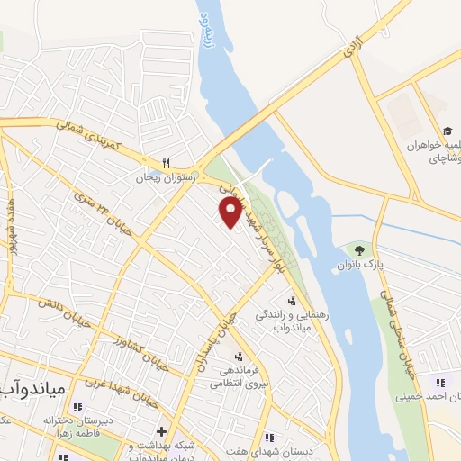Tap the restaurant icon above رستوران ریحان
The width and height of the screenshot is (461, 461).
point(165,163)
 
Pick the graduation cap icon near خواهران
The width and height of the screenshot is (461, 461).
point(447,131)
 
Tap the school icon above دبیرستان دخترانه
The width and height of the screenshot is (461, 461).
point(76,406)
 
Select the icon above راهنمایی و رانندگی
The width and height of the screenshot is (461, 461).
point(290,301)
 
